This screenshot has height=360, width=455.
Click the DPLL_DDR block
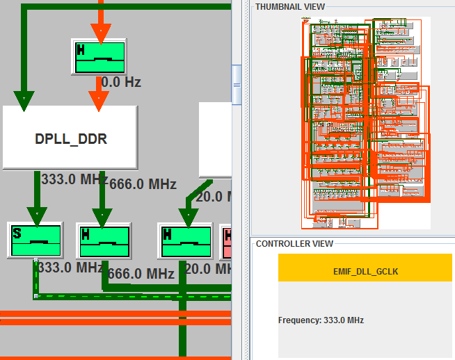click(x=70, y=138)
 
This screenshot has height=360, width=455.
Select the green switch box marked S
click(x=35, y=240)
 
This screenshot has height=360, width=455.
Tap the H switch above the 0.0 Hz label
click(x=99, y=56)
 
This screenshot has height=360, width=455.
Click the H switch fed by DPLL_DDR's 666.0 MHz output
click(x=103, y=240)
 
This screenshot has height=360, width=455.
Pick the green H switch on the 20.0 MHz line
click(x=184, y=240)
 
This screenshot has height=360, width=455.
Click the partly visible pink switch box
click(x=225, y=240)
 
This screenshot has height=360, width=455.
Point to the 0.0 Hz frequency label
click(x=121, y=82)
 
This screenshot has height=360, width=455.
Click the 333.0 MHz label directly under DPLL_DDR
click(x=74, y=179)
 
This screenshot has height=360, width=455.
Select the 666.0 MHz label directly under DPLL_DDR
click(x=143, y=184)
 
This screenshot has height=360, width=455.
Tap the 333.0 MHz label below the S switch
click(x=70, y=267)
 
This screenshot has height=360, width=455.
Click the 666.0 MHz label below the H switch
click(x=141, y=273)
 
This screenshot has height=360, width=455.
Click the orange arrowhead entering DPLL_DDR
click(x=99, y=100)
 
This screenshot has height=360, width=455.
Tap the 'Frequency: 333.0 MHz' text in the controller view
click(x=321, y=320)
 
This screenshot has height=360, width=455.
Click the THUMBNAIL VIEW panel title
click(x=290, y=6)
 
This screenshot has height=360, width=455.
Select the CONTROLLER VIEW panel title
click(x=294, y=244)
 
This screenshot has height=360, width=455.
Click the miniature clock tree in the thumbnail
click(x=365, y=122)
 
